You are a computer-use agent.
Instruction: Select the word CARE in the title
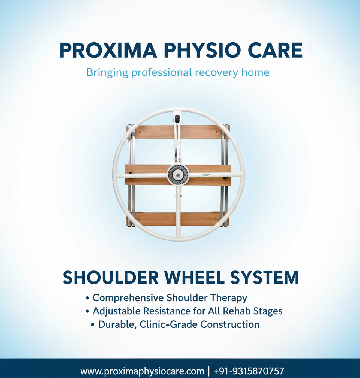click(x=276, y=51)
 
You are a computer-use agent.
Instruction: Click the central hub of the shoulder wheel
click(x=178, y=174)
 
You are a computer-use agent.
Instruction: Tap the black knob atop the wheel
click(x=176, y=120)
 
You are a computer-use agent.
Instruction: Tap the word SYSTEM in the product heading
click(x=264, y=277)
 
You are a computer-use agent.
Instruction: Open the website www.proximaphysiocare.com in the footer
click(x=142, y=371)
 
